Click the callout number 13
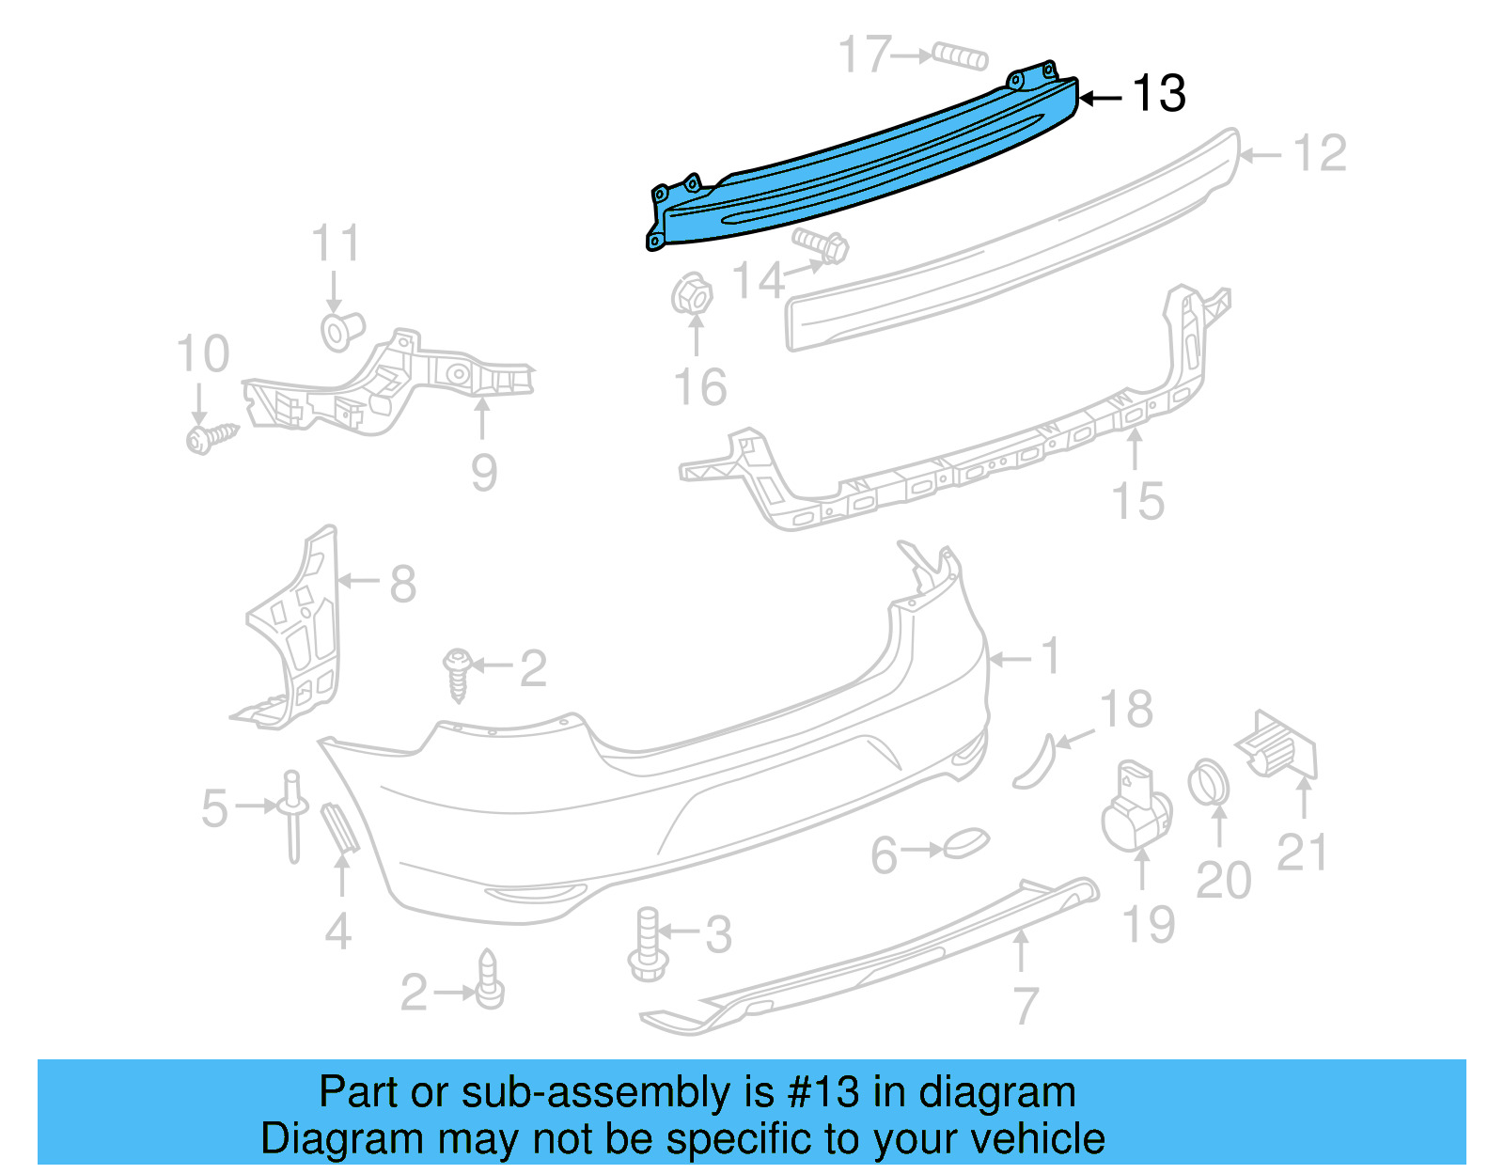(1158, 94)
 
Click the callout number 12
(1320, 153)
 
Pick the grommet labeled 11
(341, 331)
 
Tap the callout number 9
(483, 473)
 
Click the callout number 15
(1137, 501)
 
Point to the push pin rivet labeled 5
(292, 813)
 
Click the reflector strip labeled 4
(338, 826)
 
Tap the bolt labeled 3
(648, 945)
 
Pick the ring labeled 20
(1209, 784)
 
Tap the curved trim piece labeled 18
(1035, 761)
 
